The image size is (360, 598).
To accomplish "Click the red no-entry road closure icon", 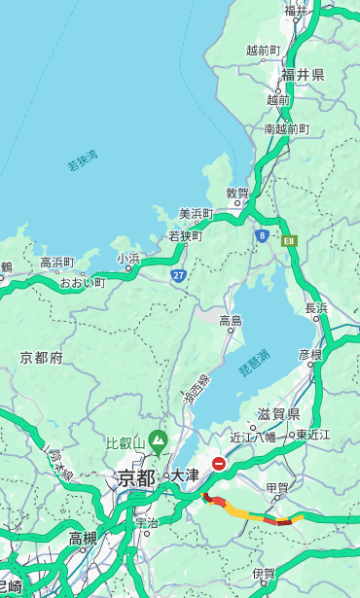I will pos(219,465).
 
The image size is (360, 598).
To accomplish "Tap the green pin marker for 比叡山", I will pos(157,445).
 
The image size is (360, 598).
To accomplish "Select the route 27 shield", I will pos(178,276).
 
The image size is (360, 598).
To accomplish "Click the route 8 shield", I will pos(262,235).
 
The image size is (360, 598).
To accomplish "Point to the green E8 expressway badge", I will pos(288,239).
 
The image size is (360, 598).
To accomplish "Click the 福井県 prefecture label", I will pos(303,75).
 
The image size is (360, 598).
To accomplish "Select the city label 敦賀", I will pos(237,193).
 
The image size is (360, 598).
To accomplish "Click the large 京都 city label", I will pos(136,477).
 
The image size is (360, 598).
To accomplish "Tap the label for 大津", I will pos(184,476).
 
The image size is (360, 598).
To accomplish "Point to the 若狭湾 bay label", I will pos(83,160).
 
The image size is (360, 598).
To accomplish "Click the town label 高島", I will pos(231,321).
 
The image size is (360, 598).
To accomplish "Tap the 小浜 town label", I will pos(128,259).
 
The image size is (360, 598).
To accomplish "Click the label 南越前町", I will pos(286,128).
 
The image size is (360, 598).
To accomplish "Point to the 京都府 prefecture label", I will pos(42,358).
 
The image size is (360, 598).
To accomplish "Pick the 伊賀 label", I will pos(263,574).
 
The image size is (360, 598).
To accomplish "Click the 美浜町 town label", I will pos(196,214).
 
